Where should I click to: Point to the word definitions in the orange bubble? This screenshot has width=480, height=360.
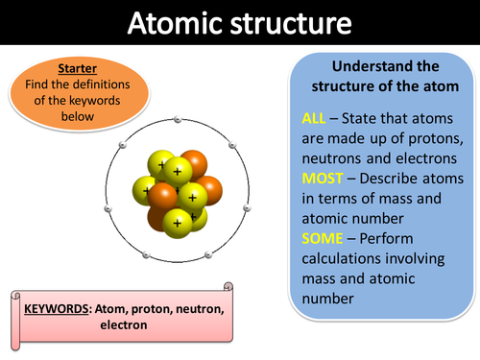point(97,85)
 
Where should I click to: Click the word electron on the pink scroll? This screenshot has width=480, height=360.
point(123,326)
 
